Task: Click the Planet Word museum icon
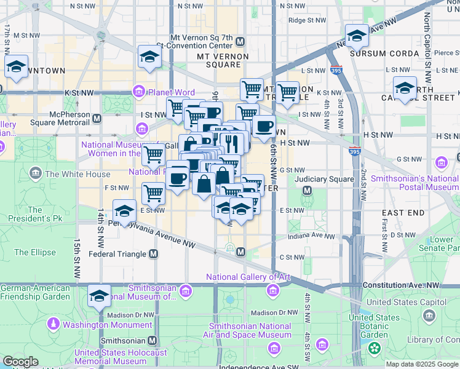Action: coord(139,92)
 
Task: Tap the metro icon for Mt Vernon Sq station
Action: coord(240,41)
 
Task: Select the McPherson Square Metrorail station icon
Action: coord(97,117)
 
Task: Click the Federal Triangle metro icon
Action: coord(153,253)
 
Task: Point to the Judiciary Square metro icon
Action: coord(306,192)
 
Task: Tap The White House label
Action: coord(77,174)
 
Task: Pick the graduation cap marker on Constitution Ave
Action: coord(99,296)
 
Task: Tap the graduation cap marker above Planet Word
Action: coord(149,57)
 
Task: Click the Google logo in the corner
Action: coord(20,362)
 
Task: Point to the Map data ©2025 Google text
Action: coord(422,364)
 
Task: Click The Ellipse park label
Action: coord(35,252)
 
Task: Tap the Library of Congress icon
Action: coord(429,315)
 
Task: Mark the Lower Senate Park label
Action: coord(442,244)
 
